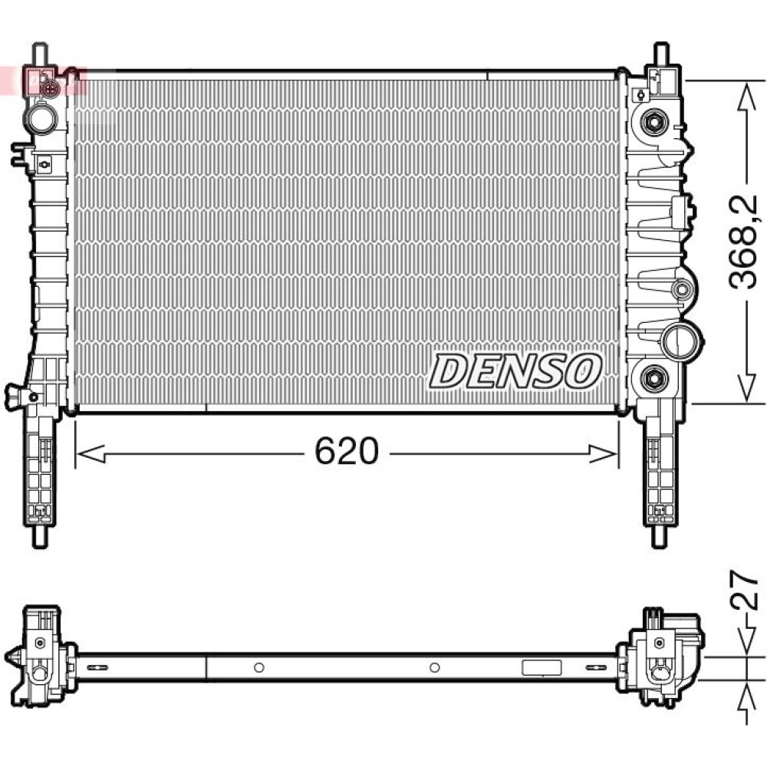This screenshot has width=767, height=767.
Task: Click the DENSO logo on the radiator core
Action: (x=515, y=371)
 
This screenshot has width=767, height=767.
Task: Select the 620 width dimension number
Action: (x=347, y=451)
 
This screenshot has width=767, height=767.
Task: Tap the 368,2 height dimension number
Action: (x=743, y=242)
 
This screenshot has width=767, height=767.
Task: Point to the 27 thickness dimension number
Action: (x=744, y=589)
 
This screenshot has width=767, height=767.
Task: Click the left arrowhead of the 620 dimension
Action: (x=91, y=454)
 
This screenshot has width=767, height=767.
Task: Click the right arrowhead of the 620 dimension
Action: (x=603, y=454)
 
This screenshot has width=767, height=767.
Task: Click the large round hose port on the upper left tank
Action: (x=42, y=118)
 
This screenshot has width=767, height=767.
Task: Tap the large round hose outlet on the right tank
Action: (x=682, y=341)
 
